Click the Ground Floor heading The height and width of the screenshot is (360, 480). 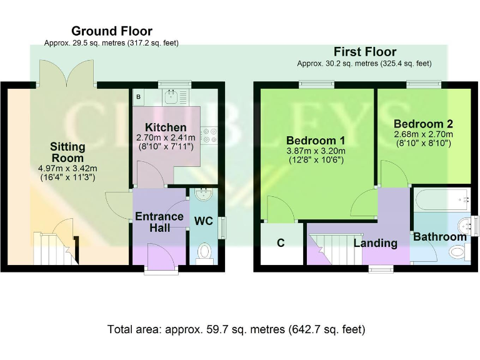pos(111,31)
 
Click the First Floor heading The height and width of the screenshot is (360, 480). pos(364,52)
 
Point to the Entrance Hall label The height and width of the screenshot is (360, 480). pos(159,222)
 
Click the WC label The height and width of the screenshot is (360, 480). pos(203,221)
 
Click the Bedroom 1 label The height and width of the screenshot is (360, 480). pos(316,139)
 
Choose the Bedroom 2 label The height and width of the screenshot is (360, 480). pos(423,124)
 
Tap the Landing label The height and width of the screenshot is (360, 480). pos(376,243)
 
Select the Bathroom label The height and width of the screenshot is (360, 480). pos(439,237)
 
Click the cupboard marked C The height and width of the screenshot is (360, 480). pos(281,243)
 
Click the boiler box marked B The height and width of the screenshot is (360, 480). pos(138,97)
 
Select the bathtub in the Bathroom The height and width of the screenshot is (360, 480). pos(442,199)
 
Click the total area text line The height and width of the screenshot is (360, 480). pos(236,329)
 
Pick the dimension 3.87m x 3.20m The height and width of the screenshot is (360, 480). pos(316,151)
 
